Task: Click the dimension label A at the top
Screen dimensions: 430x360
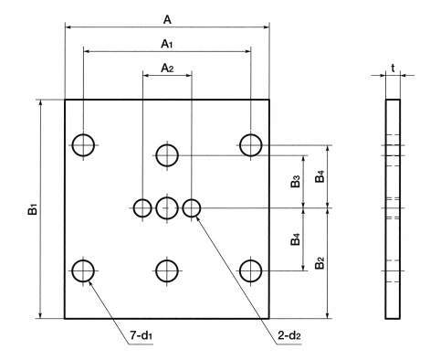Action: point(167,20)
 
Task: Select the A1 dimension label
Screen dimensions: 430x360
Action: point(167,44)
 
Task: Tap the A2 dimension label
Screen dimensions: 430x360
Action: point(167,68)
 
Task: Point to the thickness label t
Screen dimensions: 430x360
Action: point(393,69)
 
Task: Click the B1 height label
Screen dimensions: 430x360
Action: point(33,210)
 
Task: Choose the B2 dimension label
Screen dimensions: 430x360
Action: point(320,263)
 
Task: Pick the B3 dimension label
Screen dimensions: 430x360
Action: point(295,181)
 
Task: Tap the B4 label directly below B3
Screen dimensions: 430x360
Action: point(295,239)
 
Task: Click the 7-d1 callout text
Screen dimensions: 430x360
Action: point(142,335)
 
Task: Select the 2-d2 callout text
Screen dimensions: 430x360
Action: point(289,335)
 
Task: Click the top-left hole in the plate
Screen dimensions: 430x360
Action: point(83,145)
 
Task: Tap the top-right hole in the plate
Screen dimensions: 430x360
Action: point(250,145)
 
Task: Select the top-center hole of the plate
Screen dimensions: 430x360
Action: point(167,155)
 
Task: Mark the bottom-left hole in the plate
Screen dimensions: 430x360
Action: point(83,270)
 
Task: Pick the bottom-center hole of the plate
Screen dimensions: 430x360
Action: point(167,270)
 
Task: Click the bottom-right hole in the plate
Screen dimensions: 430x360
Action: point(250,270)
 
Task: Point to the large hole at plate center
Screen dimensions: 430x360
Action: point(167,208)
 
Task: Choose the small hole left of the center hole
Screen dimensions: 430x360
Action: point(142,208)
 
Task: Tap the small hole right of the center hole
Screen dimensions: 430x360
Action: point(192,208)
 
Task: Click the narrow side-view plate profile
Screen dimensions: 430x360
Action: point(393,209)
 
